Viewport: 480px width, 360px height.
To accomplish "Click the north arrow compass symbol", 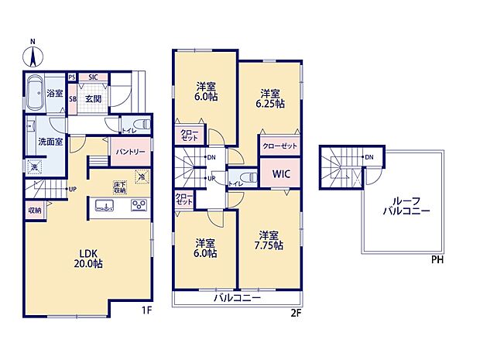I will (x=33, y=53).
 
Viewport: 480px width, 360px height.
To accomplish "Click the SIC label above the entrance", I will (x=93, y=77).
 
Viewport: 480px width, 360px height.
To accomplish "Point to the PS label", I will (x=72, y=77).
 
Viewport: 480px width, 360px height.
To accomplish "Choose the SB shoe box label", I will (x=72, y=99).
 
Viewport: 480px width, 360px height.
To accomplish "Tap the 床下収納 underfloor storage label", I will (x=121, y=187).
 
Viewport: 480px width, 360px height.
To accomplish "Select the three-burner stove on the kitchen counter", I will (x=139, y=205).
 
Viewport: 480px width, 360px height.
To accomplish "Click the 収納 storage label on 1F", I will (x=36, y=210).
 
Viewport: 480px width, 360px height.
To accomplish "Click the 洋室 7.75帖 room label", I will (x=269, y=240).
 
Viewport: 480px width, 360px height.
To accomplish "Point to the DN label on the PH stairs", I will (x=369, y=157).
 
